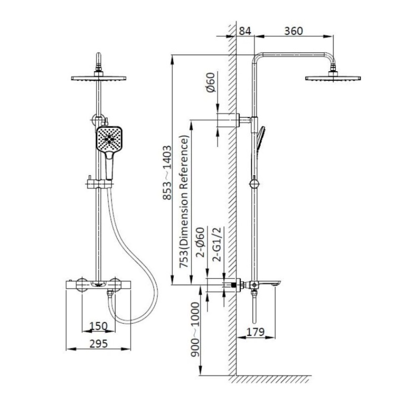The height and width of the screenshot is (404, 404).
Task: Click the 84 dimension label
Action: click(245, 31)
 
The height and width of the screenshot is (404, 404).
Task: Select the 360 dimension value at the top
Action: click(293, 31)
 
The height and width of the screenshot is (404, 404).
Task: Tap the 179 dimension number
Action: click(255, 332)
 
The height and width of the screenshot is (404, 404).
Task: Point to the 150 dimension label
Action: click(99, 326)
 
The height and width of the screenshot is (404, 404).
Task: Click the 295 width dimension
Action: click(99, 343)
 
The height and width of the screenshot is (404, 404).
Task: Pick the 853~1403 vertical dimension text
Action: click(167, 173)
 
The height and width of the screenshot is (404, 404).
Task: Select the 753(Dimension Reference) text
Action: click(185, 202)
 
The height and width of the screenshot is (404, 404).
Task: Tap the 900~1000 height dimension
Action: click(195, 330)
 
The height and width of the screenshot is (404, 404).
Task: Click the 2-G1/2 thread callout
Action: click(217, 244)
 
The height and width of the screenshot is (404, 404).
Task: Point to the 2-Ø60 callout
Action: click(200, 242)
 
